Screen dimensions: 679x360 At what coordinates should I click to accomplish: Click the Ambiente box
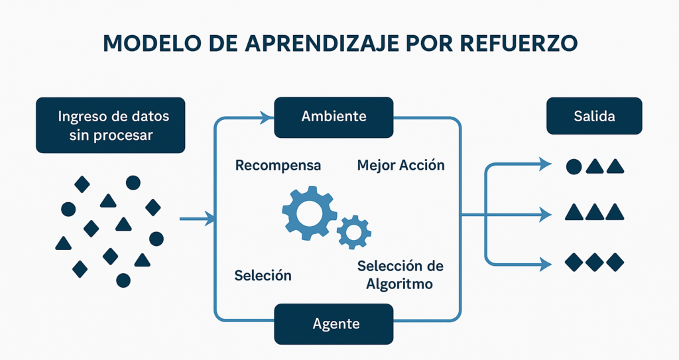pyautogui.click(x=334, y=117)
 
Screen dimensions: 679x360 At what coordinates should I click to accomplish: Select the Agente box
pyautogui.click(x=334, y=324)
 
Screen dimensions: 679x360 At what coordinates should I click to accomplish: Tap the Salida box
pyautogui.click(x=594, y=116)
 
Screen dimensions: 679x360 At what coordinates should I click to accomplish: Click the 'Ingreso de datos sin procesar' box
pyautogui.click(x=111, y=125)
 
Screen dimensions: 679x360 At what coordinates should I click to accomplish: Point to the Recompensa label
pyautogui.click(x=278, y=166)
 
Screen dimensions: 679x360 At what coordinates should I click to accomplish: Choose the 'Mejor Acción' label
pyautogui.click(x=401, y=165)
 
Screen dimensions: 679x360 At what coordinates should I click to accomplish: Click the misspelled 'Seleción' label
pyautogui.click(x=263, y=276)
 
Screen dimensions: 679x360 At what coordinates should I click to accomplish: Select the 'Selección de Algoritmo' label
pyautogui.click(x=400, y=274)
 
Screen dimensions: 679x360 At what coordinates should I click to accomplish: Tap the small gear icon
pyautogui.click(x=354, y=232)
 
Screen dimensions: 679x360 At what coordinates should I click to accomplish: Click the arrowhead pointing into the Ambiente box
pyautogui.click(x=267, y=117)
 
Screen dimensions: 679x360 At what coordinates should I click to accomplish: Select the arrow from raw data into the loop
pyautogui.click(x=197, y=219)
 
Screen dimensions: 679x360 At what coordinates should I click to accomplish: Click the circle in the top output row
pyautogui.click(x=574, y=167)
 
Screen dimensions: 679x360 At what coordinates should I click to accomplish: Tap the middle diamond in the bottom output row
pyautogui.click(x=594, y=262)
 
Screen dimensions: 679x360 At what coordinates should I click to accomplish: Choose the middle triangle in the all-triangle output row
pyautogui.click(x=595, y=212)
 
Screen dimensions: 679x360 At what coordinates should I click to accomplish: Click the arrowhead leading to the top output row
pyautogui.click(x=545, y=164)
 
